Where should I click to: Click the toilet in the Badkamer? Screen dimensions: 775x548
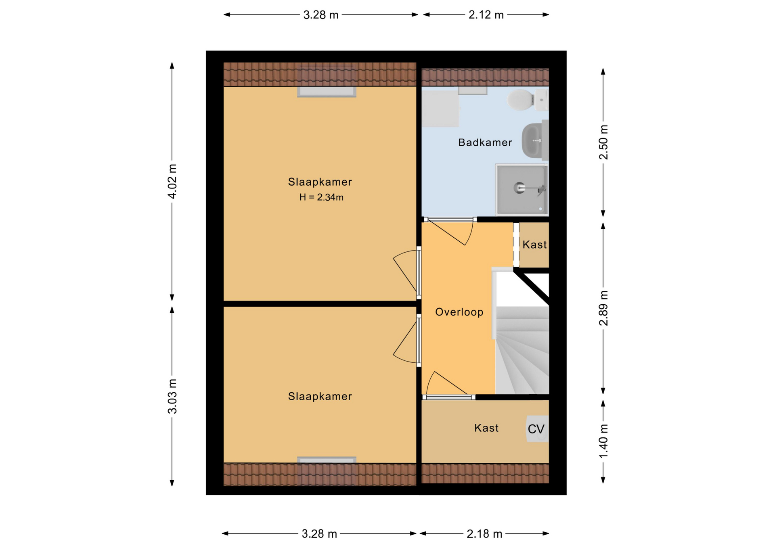pos(527,100)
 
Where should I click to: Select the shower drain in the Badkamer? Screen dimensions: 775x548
pos(519,188)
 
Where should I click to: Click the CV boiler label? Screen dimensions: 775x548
pos(536,429)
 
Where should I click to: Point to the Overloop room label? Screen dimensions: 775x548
pos(459,312)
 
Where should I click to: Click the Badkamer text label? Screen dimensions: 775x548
pos(485,142)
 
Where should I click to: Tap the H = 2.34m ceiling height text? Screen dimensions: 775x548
pos(321,197)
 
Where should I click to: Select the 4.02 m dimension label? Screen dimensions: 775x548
pos(172,181)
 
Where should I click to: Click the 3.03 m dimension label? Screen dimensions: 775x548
pos(172,396)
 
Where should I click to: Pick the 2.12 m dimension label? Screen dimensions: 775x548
pos(486,15)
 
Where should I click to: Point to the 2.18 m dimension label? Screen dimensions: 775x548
pos(484,534)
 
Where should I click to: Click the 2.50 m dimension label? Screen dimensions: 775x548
pos(603,142)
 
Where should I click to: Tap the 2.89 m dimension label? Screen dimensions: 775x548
pos(603,308)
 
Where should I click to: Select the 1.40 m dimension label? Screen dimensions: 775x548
pos(603,441)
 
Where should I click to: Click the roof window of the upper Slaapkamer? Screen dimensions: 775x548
pos(327,92)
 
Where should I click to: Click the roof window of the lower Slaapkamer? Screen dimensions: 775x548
pos(327,460)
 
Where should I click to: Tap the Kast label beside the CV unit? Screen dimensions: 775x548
pos(486,428)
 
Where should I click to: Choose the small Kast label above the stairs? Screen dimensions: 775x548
pos(534,245)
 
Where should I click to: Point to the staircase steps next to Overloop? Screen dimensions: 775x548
pos(522,350)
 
